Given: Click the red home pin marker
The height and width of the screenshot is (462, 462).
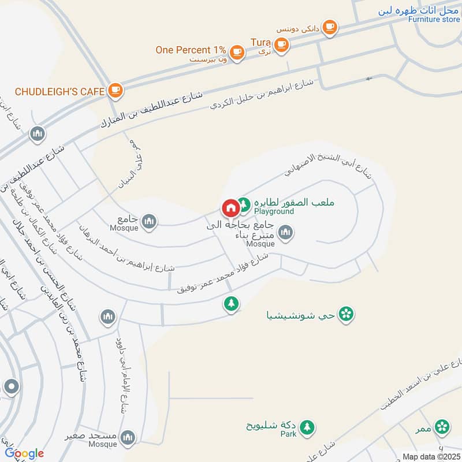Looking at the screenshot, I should tap(230, 207).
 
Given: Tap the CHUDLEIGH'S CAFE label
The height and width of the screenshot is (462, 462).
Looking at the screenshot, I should tap(59, 91).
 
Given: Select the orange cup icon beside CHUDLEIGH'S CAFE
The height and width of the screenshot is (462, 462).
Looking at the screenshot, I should tap(115, 90).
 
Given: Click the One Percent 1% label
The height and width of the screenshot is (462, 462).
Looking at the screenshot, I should tap(191, 50).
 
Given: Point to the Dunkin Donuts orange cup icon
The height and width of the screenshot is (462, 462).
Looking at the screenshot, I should tap(329, 27).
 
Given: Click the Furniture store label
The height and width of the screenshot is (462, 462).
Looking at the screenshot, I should tap(434, 20).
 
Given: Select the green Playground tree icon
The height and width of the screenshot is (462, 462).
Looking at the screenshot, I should tap(244, 204).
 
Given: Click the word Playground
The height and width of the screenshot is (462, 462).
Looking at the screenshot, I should tap(274, 211).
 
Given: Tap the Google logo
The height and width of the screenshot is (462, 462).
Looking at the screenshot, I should tap(24, 453).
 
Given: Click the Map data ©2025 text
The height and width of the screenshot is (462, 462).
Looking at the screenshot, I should tap(430, 456).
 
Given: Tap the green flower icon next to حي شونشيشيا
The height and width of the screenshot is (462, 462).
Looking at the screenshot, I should tap(346, 314).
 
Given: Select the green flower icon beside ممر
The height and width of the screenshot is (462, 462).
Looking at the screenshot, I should tap(442, 427).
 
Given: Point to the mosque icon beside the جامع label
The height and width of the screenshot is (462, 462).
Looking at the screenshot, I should tap(150, 221).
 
